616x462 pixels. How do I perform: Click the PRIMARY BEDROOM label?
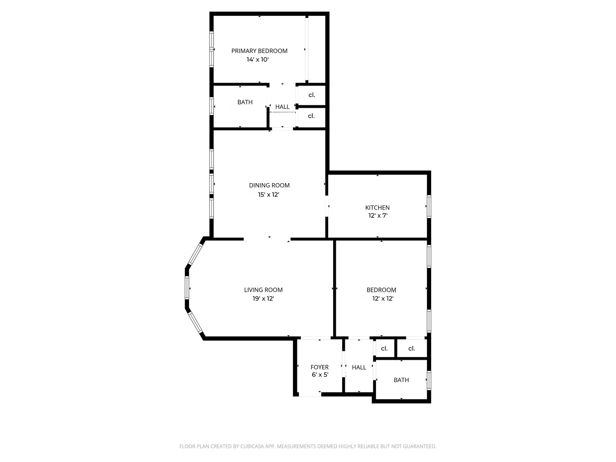coord(259,51)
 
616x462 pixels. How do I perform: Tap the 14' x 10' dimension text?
coord(258,60)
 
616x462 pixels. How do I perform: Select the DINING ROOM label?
coord(269,185)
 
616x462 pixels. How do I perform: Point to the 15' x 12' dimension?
coord(268,195)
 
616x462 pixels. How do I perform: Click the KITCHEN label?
coord(377,207)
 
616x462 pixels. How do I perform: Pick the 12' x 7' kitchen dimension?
coord(378,216)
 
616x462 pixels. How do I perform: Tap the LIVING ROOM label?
coord(263,290)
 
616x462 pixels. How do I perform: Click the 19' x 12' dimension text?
coord(263,299)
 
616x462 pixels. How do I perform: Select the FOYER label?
coord(320,367)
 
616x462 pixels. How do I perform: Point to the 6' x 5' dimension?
coord(320,375)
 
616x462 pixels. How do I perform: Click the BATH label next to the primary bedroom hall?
coord(245,102)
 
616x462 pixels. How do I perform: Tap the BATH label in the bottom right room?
coord(401,380)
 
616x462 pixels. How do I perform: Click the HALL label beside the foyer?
coord(359,367)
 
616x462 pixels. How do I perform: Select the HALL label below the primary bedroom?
coord(282,107)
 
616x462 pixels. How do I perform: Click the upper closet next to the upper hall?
coord(311,95)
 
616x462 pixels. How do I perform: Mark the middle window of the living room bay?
coord(187,288)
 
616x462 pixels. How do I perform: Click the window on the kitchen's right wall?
coord(429,207)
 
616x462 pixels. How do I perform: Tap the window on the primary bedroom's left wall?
coord(211,49)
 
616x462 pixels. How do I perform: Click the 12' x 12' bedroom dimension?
coord(382,299)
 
